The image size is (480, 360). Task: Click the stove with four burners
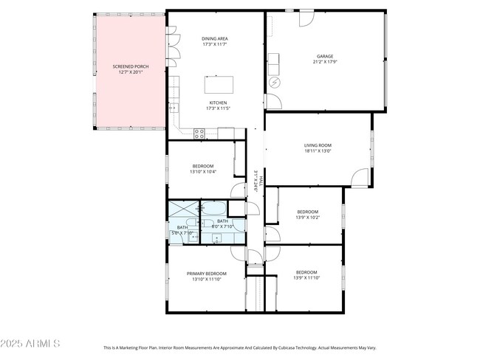199,133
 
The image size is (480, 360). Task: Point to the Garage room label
325,56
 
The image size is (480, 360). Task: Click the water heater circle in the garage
275,82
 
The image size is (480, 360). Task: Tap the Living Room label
318,145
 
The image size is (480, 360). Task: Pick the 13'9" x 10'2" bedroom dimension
306,218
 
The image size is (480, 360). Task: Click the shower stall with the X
183,210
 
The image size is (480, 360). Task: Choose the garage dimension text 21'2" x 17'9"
325,62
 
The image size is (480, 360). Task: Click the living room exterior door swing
360,176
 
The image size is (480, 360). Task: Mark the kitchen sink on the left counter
174,108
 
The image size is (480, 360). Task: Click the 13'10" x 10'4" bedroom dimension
203,172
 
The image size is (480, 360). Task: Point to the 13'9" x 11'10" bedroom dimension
306,278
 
